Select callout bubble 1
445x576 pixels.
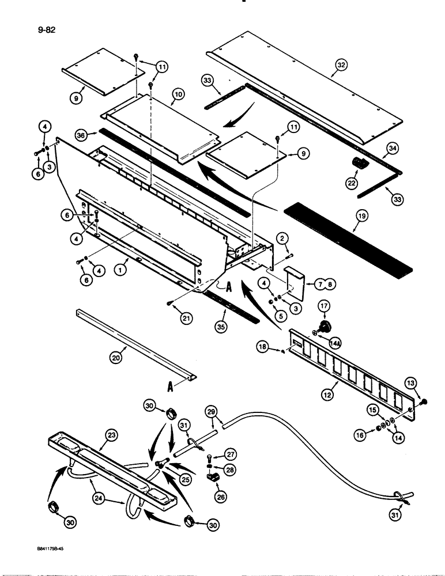coord(119,268)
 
